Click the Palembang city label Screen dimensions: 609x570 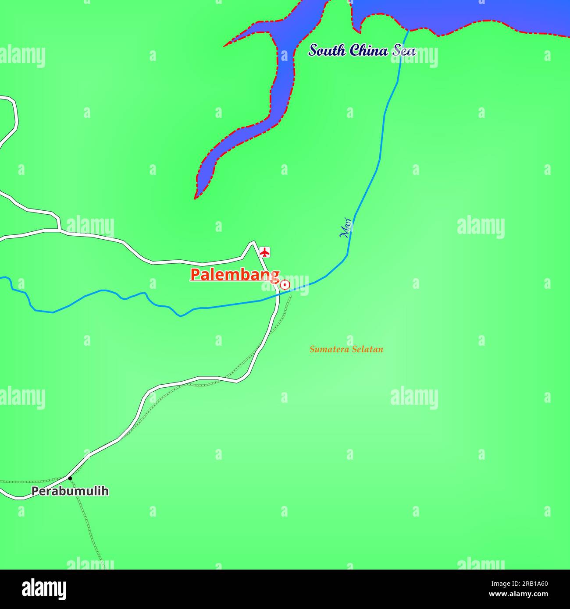(x=235, y=275)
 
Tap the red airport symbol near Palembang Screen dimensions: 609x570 (x=264, y=252)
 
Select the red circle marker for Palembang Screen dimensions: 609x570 (x=285, y=285)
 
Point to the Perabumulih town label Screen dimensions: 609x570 (x=70, y=491)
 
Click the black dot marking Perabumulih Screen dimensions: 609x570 (x=70, y=478)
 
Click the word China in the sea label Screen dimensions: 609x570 (x=369, y=50)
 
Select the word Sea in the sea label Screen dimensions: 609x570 (x=403, y=50)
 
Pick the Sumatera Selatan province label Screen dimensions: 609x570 (x=346, y=349)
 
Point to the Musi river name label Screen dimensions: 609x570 (x=346, y=227)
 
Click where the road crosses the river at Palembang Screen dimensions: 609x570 (x=278, y=295)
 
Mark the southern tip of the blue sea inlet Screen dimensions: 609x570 (x=196, y=197)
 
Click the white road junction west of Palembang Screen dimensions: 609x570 (x=59, y=229)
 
